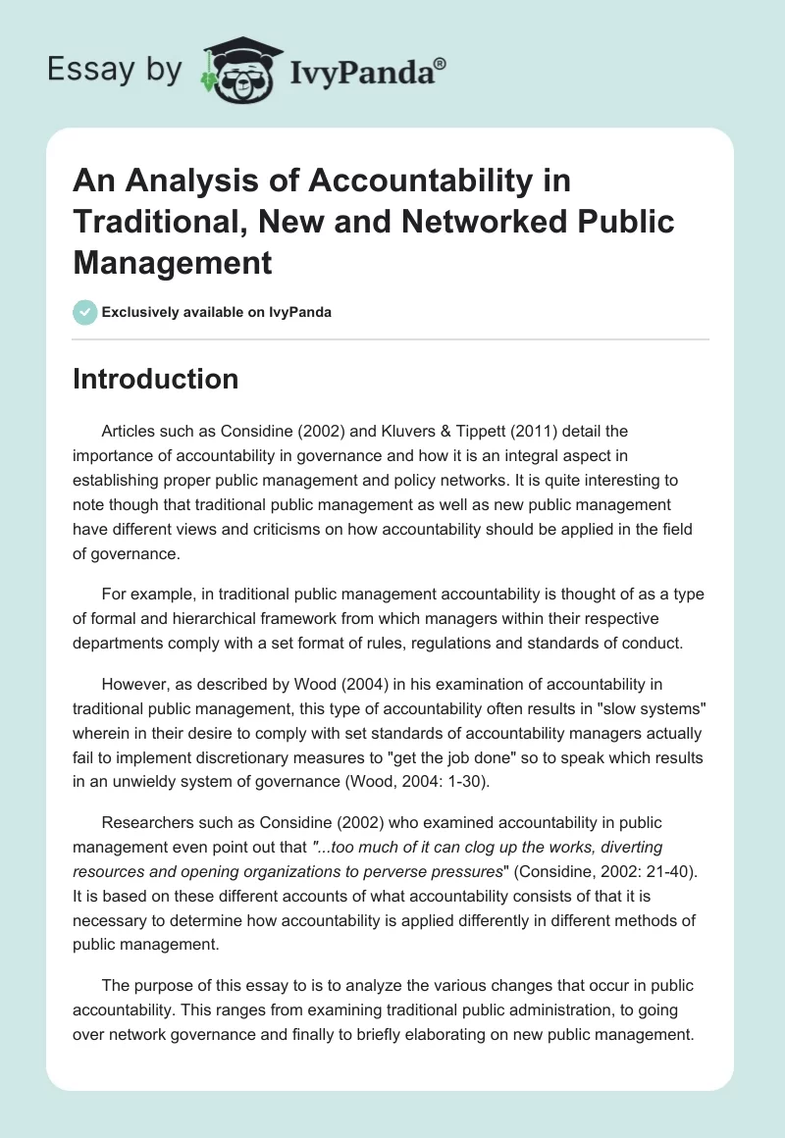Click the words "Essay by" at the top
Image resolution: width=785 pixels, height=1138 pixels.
point(116,71)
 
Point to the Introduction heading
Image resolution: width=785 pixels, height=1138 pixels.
point(155,379)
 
